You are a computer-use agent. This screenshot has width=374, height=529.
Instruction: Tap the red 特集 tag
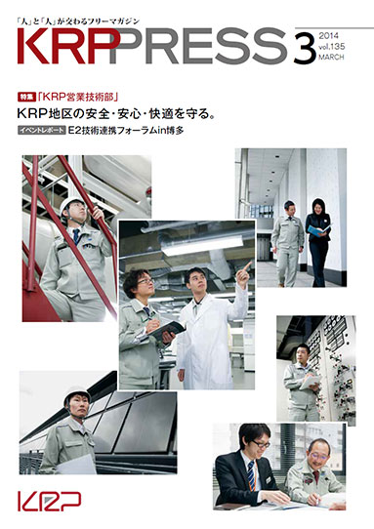point(25,99)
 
